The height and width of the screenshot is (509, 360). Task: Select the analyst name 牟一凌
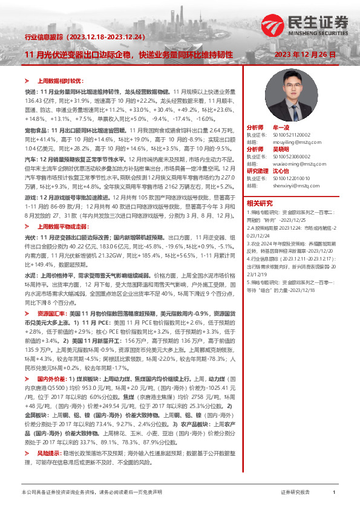coord(281,128)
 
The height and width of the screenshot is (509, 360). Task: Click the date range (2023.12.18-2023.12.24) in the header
coord(108,36)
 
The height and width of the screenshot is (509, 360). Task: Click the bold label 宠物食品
coord(34,130)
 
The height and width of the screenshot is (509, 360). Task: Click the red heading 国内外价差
coord(51,378)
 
